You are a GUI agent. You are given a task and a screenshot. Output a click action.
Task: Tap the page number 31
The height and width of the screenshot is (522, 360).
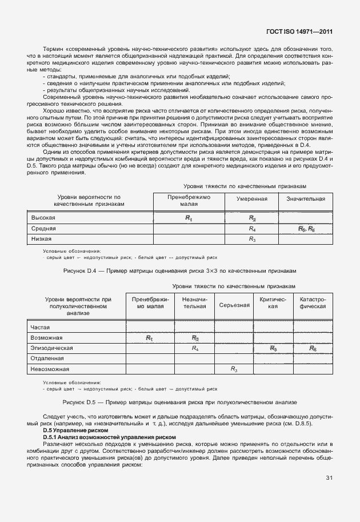(329, 477)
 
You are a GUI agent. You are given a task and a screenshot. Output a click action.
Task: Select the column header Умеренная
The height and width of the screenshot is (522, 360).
(252, 199)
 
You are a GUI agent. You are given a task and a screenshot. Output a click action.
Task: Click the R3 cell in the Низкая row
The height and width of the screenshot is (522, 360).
(252, 239)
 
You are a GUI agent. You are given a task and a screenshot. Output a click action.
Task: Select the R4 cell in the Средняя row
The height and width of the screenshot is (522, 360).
(252, 229)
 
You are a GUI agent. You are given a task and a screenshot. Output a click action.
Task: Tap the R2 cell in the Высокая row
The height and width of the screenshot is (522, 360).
(252, 218)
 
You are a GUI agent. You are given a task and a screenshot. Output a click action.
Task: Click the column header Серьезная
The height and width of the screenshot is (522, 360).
(234, 305)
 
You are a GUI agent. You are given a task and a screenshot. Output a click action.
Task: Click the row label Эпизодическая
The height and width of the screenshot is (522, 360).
(51, 348)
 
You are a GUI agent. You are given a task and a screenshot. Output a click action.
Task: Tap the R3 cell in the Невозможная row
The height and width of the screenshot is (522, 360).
(234, 369)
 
